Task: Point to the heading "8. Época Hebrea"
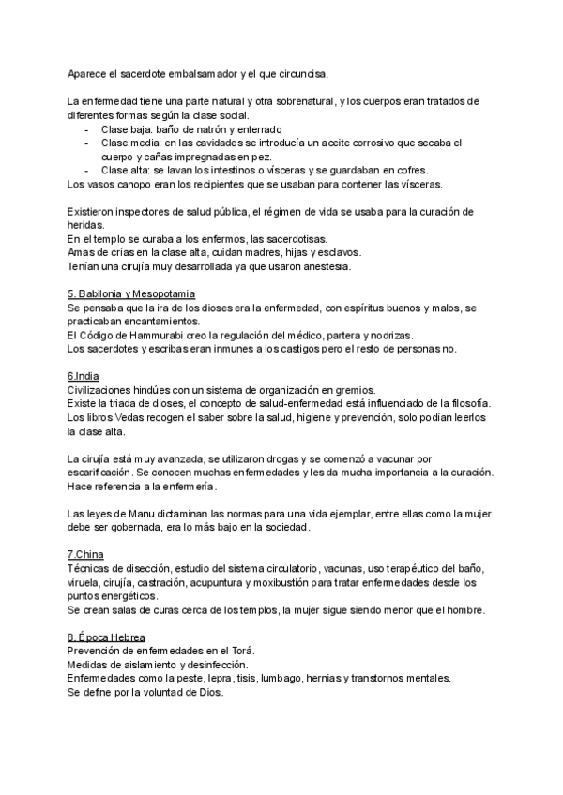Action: (106, 637)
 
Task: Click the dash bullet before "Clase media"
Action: (87, 142)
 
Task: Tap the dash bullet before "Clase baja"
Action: (87, 128)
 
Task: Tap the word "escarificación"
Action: (102, 473)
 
